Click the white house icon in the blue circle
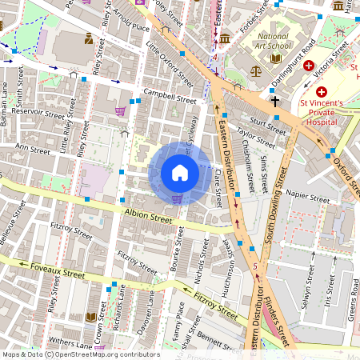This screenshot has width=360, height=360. point(180,173)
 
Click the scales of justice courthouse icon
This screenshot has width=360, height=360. point(256,70)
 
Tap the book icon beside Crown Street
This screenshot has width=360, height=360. point(91,317)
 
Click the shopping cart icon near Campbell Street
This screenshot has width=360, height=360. point(121,111)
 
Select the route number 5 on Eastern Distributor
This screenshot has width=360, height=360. point(254,266)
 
